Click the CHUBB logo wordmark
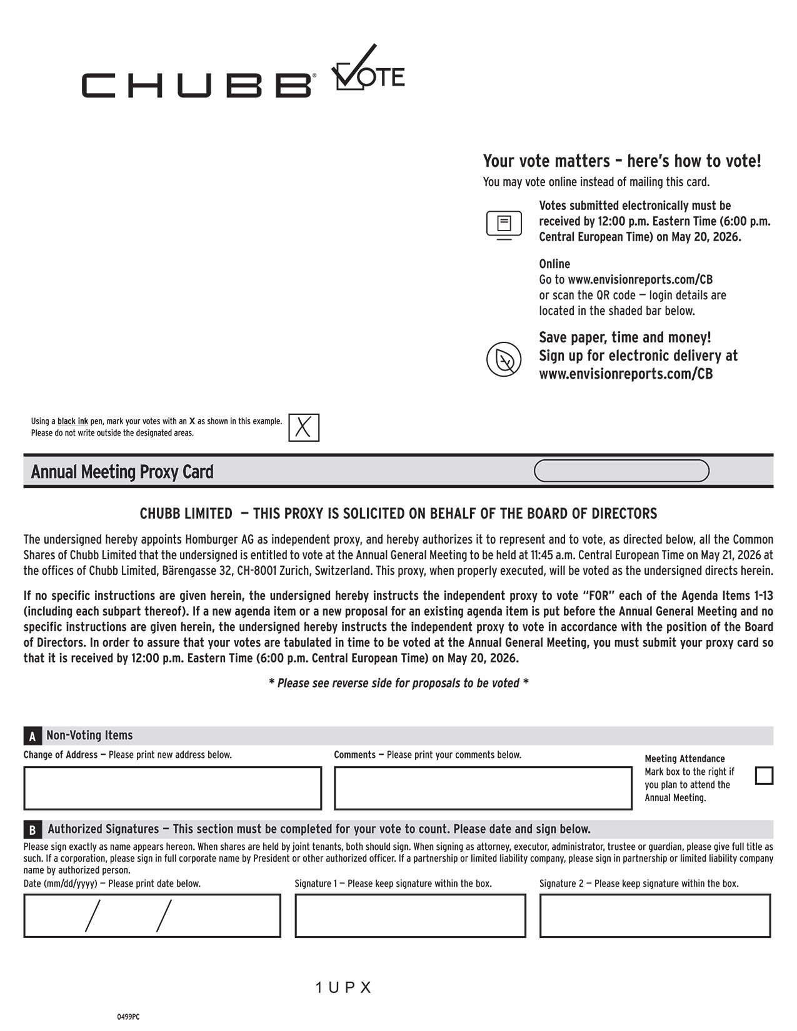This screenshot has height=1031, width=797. click(196, 85)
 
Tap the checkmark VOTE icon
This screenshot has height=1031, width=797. click(368, 70)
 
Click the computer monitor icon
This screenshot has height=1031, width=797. click(504, 224)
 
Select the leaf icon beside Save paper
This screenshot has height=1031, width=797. click(504, 359)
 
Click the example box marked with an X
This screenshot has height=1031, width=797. click(304, 427)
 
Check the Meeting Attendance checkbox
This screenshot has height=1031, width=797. click(764, 775)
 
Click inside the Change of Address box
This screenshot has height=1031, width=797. click(173, 788)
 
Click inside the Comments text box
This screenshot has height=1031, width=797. click(483, 788)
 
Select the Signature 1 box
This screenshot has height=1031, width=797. click(410, 915)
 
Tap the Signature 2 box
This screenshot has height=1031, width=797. click(654, 915)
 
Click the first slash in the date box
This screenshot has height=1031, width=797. click(93, 916)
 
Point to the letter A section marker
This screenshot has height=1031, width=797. click(33, 737)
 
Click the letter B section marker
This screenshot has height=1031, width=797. click(33, 830)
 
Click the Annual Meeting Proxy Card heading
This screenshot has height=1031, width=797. click(123, 472)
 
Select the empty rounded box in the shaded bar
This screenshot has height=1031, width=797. click(621, 471)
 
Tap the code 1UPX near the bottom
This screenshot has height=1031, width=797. click(343, 988)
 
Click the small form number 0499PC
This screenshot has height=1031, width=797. click(128, 1017)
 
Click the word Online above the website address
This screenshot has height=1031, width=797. click(554, 264)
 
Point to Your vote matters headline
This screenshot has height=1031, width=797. click(622, 161)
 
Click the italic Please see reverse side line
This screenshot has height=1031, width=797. click(398, 683)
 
